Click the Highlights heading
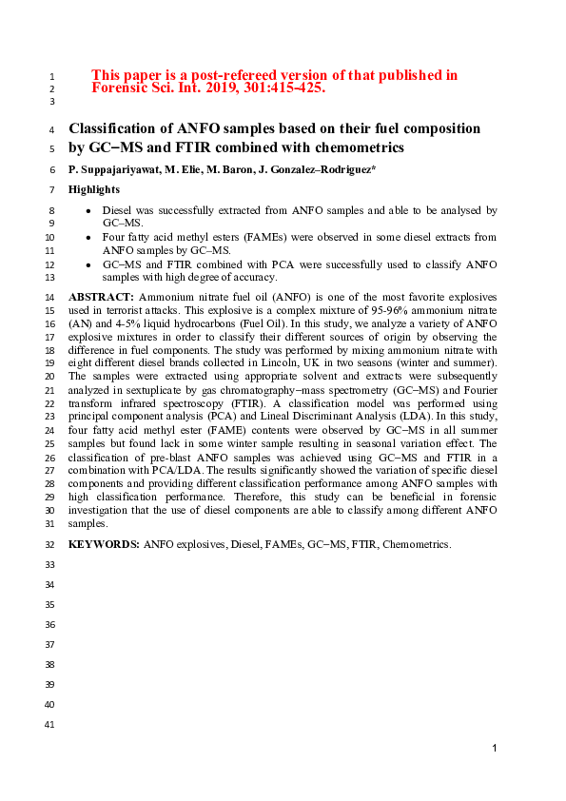(x=94, y=189)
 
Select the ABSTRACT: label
(x=102, y=298)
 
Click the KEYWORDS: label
(x=104, y=543)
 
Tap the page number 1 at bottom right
(x=495, y=750)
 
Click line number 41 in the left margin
(x=50, y=725)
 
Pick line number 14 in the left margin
(x=50, y=298)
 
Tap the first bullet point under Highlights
(x=88, y=209)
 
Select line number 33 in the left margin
(x=50, y=564)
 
